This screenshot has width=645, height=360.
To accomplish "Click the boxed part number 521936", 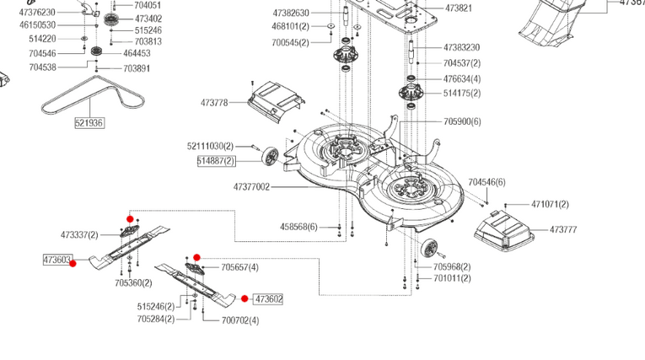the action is point(89,122).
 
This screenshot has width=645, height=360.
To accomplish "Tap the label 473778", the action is point(214,103).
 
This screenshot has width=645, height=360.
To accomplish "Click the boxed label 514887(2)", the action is point(217,160).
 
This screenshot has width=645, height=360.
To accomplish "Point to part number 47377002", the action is point(251,187).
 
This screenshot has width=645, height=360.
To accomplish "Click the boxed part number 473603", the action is point(57,260).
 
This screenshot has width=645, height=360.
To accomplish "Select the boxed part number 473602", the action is point(269,299).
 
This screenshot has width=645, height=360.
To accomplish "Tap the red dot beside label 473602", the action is point(245,298).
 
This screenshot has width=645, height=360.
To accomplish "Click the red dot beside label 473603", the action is point(73,263).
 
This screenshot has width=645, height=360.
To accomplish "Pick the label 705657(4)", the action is point(239,267).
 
